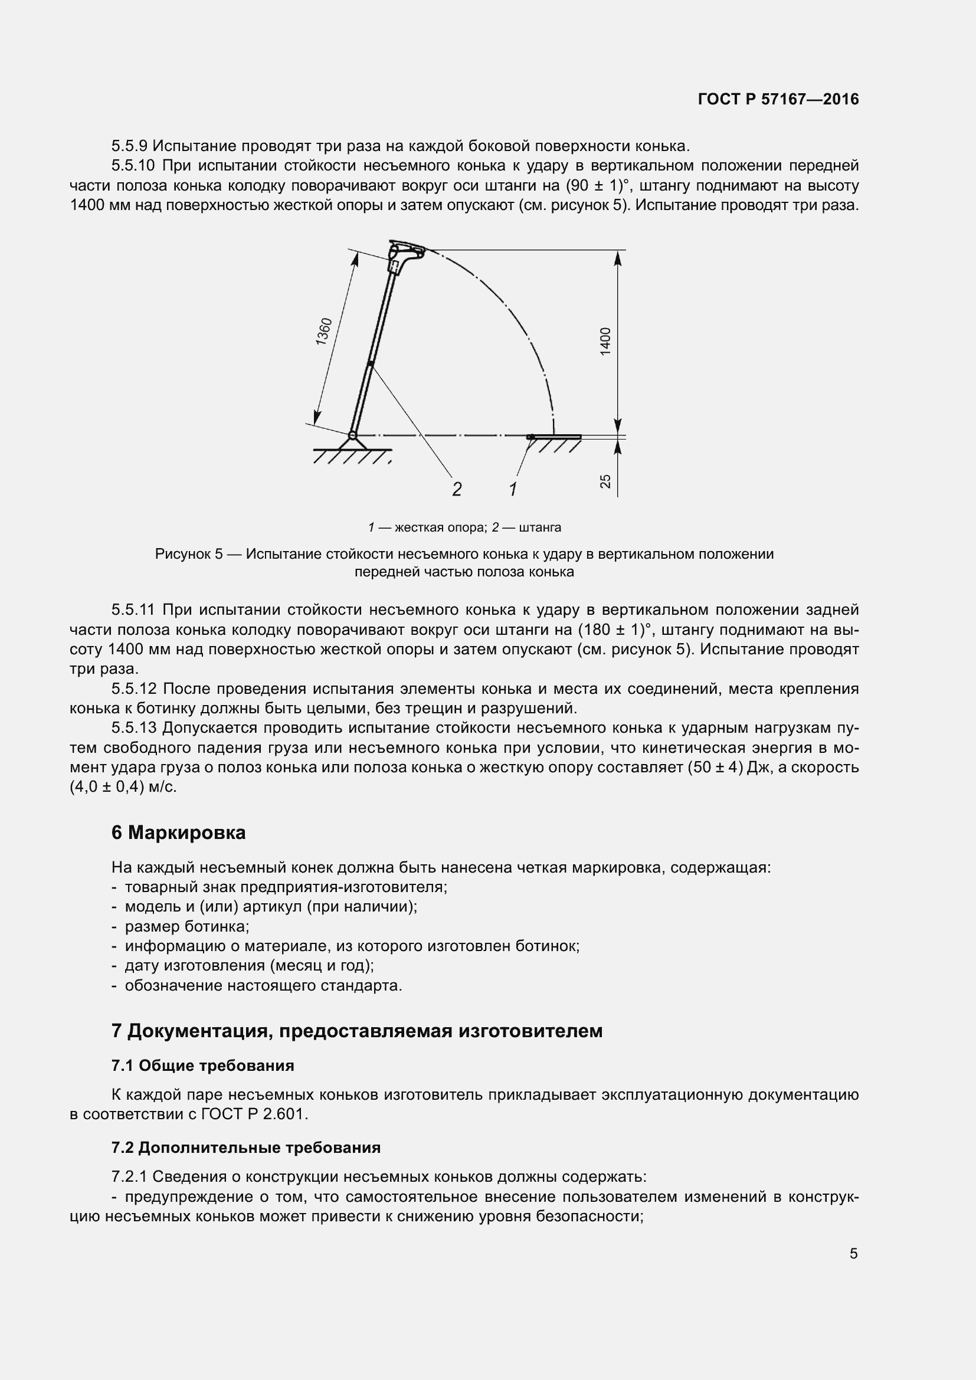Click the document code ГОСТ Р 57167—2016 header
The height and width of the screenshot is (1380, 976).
pos(778,99)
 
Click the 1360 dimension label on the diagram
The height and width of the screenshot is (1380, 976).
pos(324,331)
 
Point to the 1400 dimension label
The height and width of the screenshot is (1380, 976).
pos(605,341)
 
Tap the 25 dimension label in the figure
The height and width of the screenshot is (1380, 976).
pos(605,481)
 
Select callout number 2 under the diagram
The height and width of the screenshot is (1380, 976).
pos(457,489)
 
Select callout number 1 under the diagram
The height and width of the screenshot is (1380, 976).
pos(513,489)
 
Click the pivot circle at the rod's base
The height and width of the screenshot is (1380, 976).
pos(353,435)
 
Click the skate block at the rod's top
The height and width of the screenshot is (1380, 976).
pos(406,251)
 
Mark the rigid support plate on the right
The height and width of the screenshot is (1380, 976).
pos(555,437)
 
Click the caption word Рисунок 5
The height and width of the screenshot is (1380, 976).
pos(189,553)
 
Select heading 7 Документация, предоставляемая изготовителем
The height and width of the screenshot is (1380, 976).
pos(357,1030)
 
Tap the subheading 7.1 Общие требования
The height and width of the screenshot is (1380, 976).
pos(202,1066)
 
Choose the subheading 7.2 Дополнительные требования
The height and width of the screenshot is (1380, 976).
pos(246,1148)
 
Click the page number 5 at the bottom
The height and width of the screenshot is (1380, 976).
pos(853,1253)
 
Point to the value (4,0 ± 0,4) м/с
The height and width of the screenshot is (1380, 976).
pos(123,787)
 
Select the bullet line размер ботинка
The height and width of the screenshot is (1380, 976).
pos(187,926)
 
